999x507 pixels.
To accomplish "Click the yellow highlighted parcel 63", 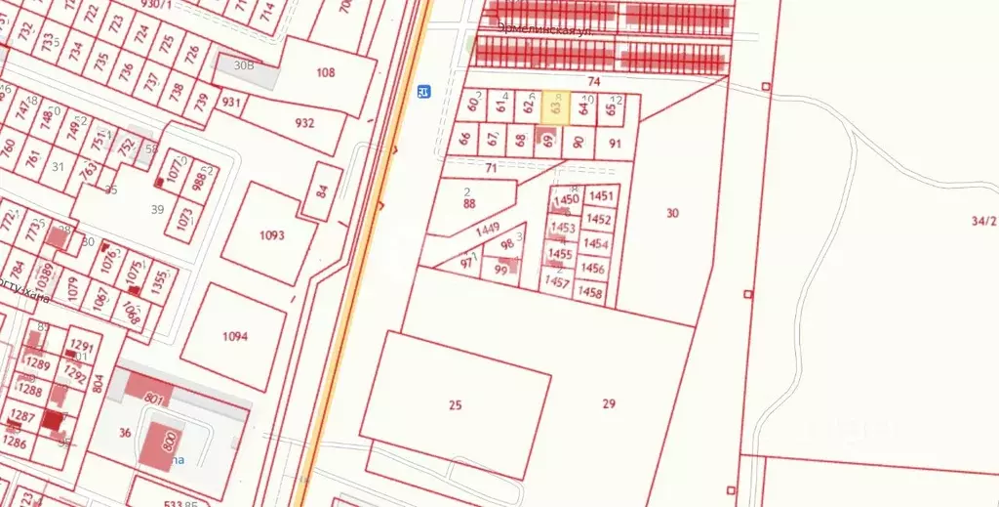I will click(555, 107).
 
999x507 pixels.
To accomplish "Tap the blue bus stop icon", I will click(423, 92).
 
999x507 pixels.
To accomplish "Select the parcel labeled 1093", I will click(272, 234).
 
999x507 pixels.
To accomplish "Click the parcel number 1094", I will click(235, 336).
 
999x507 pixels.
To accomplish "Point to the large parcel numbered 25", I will click(455, 403).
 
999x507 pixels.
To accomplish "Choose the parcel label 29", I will click(610, 403).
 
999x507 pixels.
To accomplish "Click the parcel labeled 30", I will click(672, 212).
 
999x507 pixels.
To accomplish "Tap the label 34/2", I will click(983, 221).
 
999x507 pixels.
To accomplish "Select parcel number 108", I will click(326, 72).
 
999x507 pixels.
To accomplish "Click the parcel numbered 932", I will click(304, 123).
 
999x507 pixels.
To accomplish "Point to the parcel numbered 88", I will click(469, 204).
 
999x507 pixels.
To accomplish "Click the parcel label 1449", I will click(489, 231).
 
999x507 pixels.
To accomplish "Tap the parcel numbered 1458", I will click(590, 291).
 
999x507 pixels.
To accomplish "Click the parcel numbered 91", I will click(615, 143).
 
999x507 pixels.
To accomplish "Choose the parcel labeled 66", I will click(465, 139).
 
